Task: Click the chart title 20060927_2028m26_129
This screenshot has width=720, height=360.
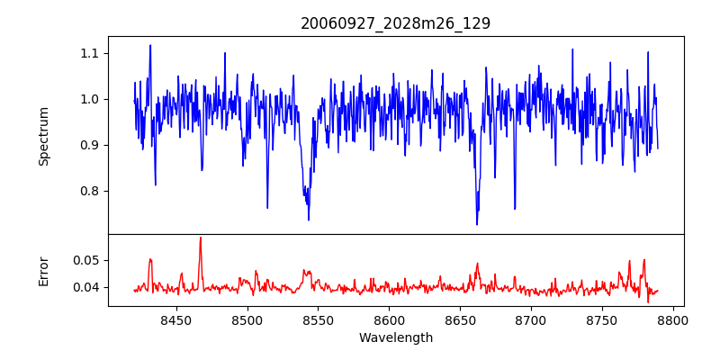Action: [x=395, y=23]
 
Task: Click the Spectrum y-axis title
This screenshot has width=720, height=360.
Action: [x=43, y=136]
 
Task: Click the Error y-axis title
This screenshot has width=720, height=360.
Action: [x=43, y=271]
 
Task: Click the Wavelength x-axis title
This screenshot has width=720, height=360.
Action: [x=395, y=338]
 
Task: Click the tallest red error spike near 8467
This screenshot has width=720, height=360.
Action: [x=200, y=238]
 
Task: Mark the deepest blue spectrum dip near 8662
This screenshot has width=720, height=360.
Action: [x=477, y=223]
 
